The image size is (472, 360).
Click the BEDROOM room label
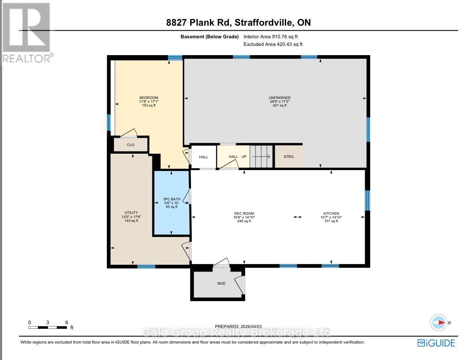tap(148, 98)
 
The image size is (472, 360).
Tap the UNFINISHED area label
tap(280, 98)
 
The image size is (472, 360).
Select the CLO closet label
tap(131, 145)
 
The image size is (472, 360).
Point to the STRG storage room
tap(289, 157)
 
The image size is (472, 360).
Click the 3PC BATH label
tap(172, 199)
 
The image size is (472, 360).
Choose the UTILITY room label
tap(131, 213)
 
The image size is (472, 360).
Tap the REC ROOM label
tap(244, 213)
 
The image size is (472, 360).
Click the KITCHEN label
tap(331, 213)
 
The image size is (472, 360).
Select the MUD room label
tap(222, 283)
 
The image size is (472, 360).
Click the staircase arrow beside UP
tap(261, 157)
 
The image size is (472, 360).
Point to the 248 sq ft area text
tap(244, 221)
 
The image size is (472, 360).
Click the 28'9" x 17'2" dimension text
tap(280, 101)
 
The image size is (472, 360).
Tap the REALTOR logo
tap(27, 32)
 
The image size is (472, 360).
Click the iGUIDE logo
tap(436, 343)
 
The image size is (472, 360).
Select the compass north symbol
tap(439, 323)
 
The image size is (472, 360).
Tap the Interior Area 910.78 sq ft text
tap(270, 37)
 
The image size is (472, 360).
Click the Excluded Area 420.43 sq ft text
tap(273, 44)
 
